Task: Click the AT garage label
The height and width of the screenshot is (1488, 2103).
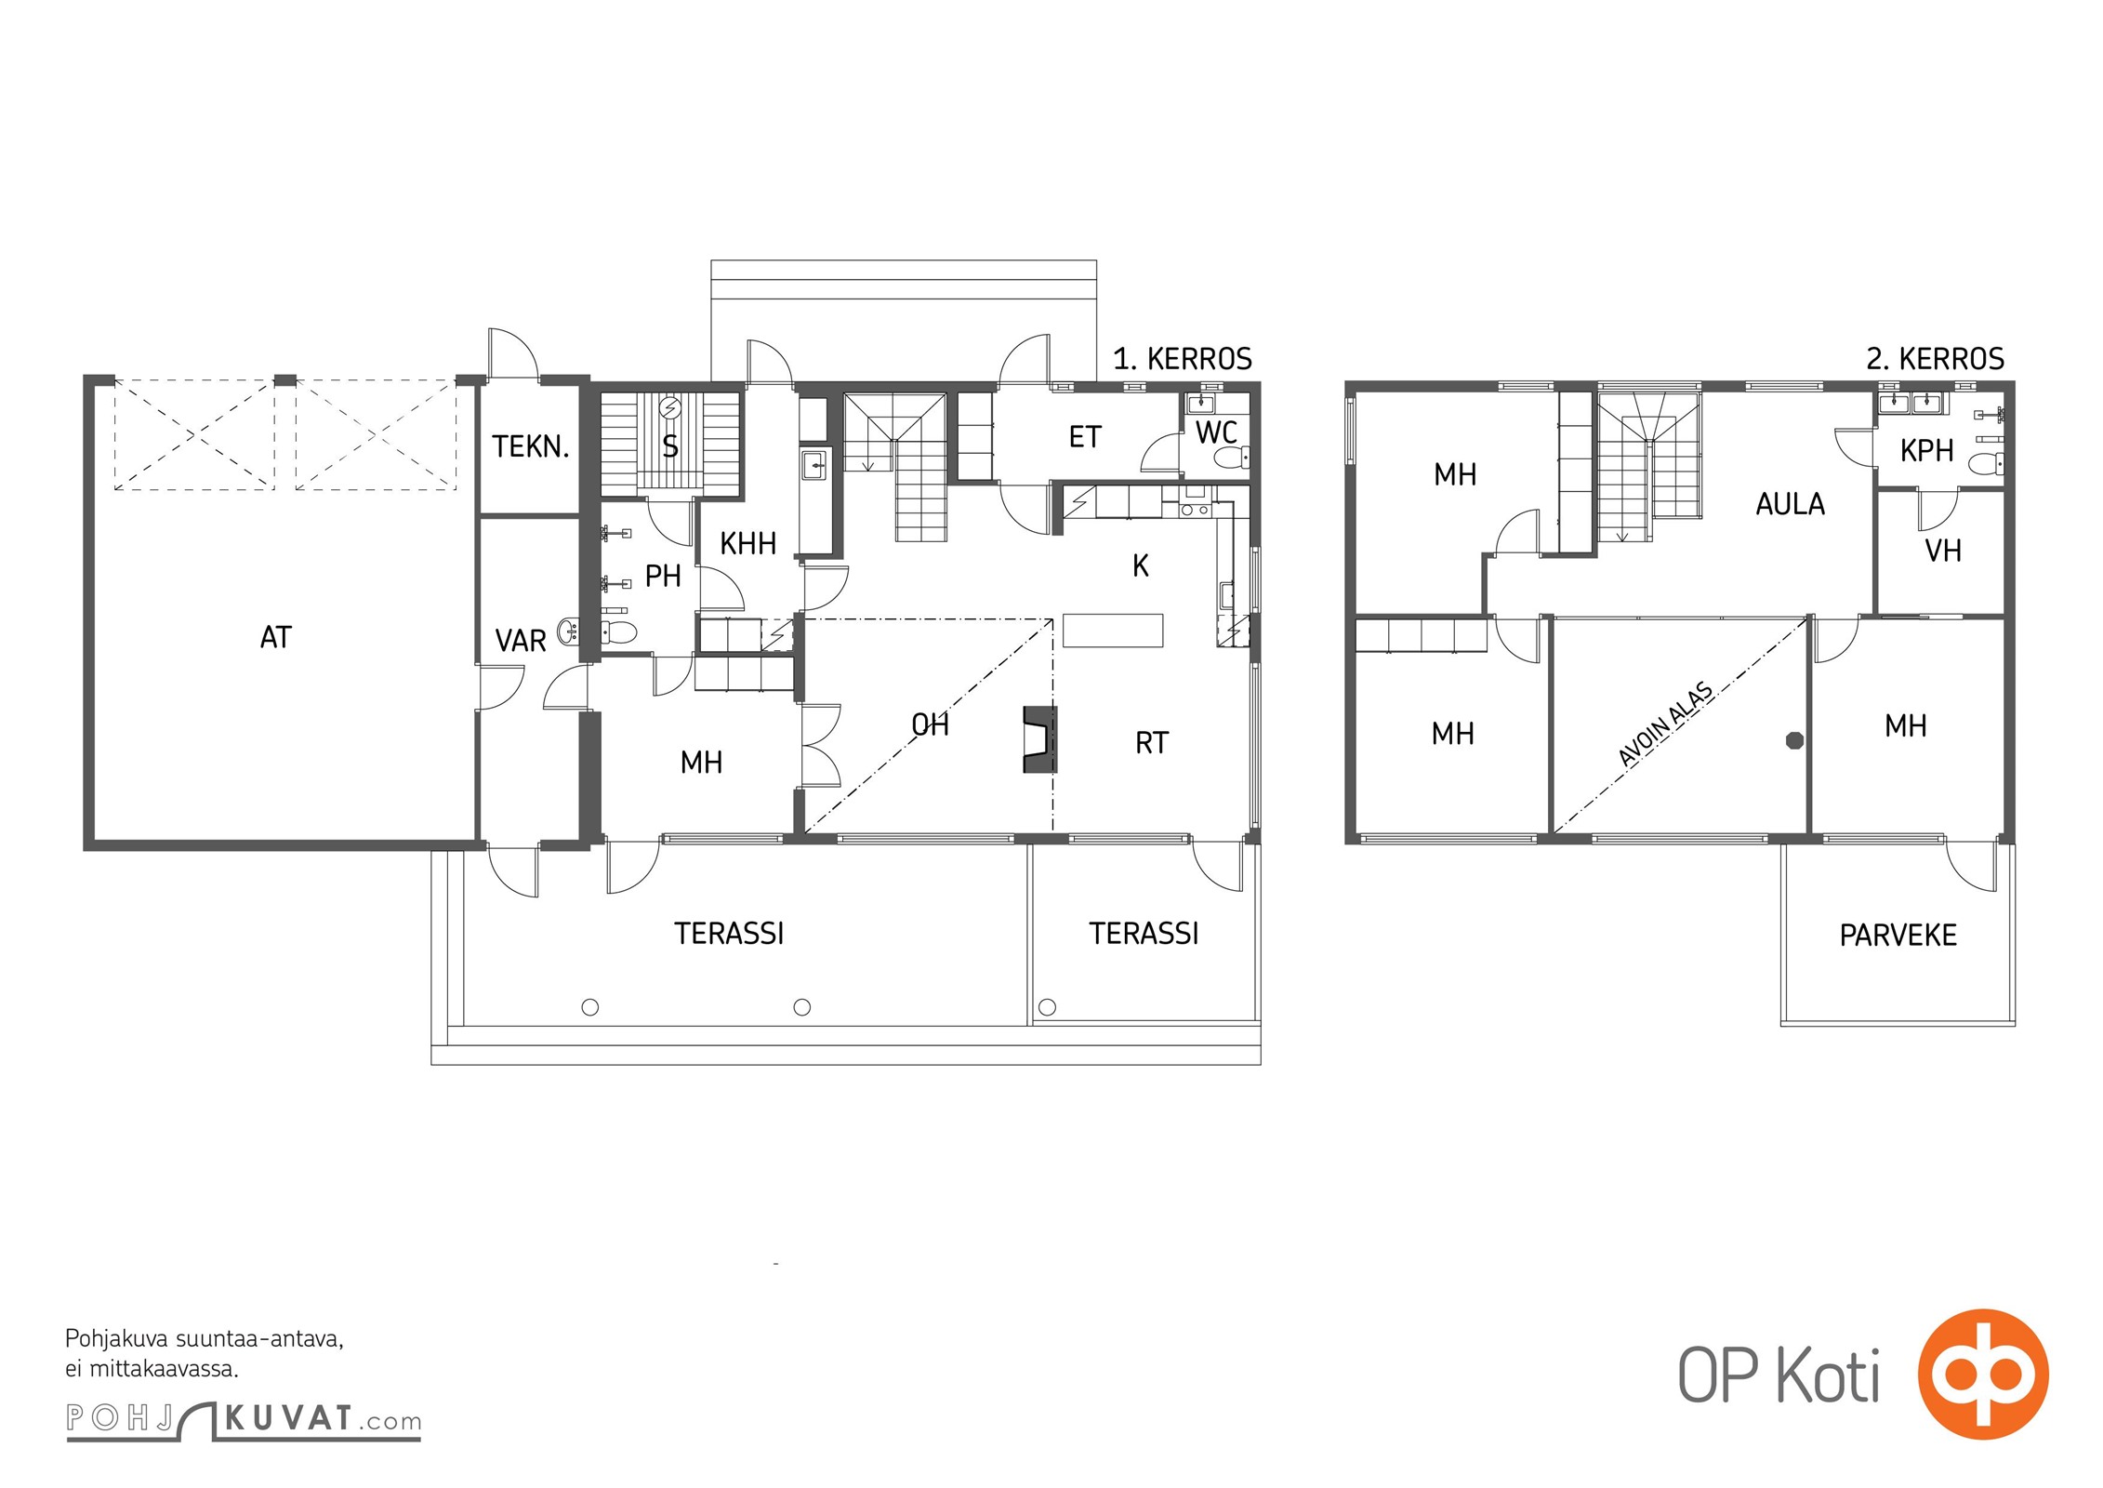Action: click(x=276, y=638)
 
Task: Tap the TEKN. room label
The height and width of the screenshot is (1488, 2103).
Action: click(x=530, y=447)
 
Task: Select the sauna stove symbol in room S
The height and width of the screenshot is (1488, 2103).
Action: click(x=669, y=408)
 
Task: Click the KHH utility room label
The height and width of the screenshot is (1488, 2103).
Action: click(x=747, y=544)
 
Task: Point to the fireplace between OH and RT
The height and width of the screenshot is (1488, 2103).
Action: click(x=1040, y=739)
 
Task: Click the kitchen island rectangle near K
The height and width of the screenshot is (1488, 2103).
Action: click(x=1113, y=630)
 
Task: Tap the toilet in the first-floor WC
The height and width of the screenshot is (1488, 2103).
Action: click(x=1232, y=458)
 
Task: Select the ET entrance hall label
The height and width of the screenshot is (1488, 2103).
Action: click(x=1085, y=437)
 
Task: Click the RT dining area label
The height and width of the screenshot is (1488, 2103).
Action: click(x=1152, y=743)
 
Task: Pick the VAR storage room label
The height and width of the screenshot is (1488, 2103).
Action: click(x=521, y=642)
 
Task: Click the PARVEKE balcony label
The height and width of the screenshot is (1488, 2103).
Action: click(x=1898, y=936)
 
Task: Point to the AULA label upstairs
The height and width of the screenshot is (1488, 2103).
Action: click(x=1790, y=505)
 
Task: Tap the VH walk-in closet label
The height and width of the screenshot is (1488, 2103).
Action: click(x=1943, y=551)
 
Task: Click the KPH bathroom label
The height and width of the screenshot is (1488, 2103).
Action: click(x=1926, y=451)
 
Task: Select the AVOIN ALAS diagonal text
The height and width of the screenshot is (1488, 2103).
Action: click(x=1666, y=725)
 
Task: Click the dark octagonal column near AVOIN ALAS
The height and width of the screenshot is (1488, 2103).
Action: click(x=1794, y=740)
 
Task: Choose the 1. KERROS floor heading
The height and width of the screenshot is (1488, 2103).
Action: click(x=1182, y=359)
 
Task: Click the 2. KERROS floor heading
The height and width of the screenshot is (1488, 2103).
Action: click(x=1935, y=359)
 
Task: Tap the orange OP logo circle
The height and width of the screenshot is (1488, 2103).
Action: click(x=1983, y=1375)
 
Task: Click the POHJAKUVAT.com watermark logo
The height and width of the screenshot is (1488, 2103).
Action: click(x=244, y=1419)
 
